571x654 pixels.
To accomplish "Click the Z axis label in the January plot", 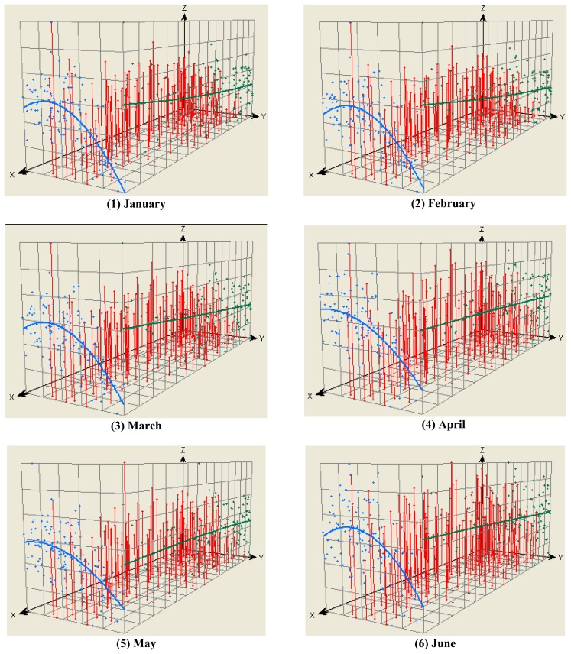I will (x=184, y=7).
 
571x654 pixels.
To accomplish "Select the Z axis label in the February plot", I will (x=483, y=7).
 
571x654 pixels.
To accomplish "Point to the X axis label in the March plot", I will (x=12, y=397).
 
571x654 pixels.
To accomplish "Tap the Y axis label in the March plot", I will (x=262, y=338).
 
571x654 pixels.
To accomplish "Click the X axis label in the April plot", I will (x=311, y=396).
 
